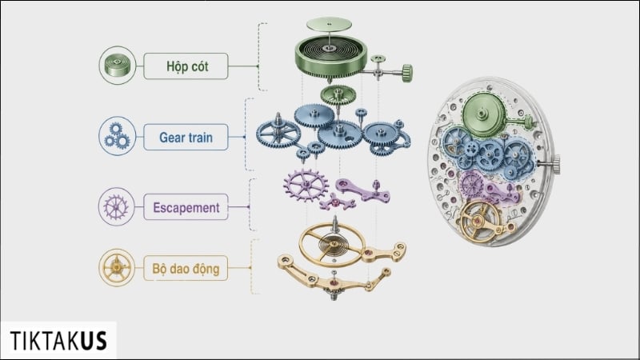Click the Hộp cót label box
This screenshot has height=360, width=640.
pos(186,66)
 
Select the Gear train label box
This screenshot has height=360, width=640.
pos(186,137)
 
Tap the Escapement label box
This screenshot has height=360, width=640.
pos(186,207)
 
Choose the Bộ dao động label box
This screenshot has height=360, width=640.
pos(186,268)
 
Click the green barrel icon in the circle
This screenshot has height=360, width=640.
pos(117,66)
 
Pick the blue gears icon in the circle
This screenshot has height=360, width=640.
pos(117,136)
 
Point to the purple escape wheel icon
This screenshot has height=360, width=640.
pos(116,206)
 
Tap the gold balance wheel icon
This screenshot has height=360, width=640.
pos(117,267)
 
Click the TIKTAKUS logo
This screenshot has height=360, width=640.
pos(58,341)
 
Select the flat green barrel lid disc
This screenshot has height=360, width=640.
pos(329,24)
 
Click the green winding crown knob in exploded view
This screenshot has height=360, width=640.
pos(407,73)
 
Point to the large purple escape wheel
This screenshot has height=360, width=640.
pos(306,186)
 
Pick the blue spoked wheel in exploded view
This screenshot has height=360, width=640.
pos(278,133)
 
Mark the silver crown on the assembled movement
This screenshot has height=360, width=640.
pos(554,164)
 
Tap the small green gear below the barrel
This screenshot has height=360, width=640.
pos(338,95)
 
